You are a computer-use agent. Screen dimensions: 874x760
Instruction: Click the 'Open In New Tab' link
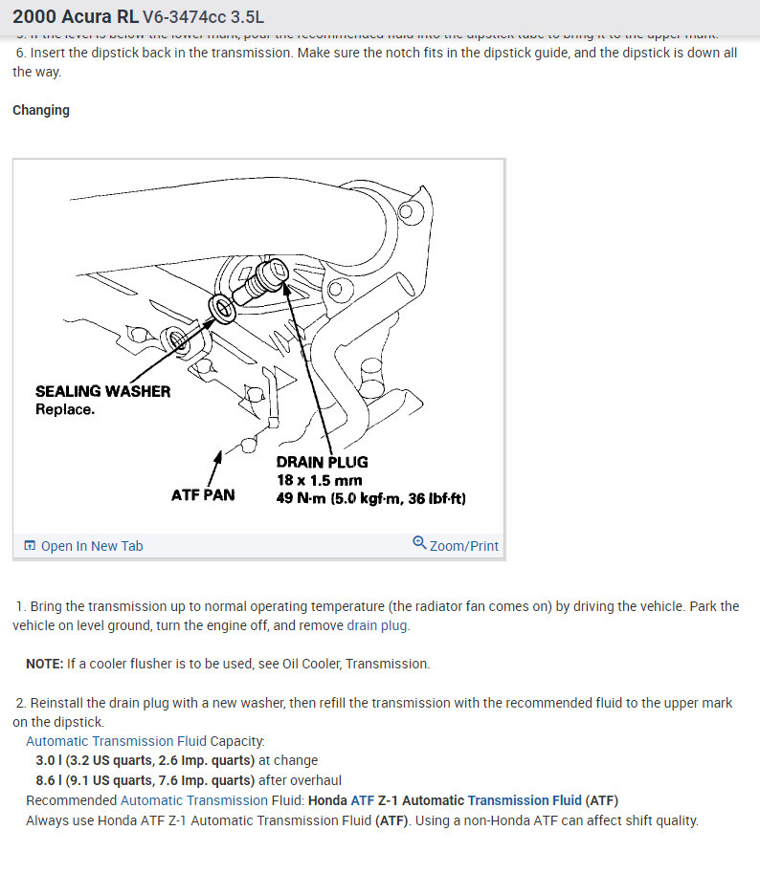(92, 546)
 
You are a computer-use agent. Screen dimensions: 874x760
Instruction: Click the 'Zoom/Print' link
(464, 546)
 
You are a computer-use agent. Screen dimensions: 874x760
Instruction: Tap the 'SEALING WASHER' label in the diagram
(102, 391)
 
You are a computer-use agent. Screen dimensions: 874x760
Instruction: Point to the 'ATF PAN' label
(203, 495)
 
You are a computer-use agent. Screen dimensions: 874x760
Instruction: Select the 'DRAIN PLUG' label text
(322, 462)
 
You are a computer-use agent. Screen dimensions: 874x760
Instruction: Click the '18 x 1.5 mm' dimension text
(320, 480)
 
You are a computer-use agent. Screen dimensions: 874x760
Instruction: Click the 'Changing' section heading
(41, 110)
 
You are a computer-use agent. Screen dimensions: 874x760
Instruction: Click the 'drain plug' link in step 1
(377, 625)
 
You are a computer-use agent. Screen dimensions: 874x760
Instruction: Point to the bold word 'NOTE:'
(45, 664)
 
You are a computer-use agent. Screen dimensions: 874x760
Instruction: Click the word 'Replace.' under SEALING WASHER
(65, 409)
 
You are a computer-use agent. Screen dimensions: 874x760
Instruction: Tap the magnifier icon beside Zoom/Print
(419, 543)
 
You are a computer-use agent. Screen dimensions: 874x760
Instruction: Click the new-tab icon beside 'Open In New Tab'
(30, 546)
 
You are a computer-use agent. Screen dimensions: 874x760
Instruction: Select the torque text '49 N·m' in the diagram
(301, 498)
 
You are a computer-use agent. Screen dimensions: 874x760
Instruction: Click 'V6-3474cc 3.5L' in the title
(204, 17)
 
